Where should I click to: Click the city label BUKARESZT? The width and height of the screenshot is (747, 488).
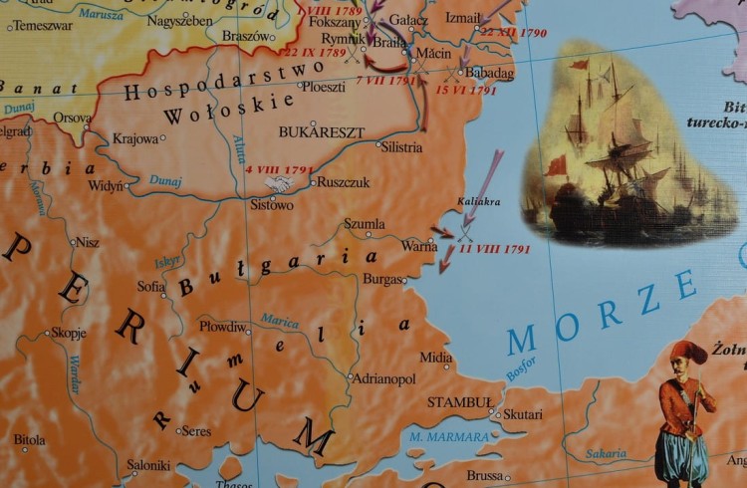(x=322, y=131)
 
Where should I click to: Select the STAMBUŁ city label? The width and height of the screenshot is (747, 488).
(x=459, y=402)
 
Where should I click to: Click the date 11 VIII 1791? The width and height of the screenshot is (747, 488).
(x=494, y=249)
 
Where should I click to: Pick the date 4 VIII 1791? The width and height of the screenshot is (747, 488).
(x=275, y=170)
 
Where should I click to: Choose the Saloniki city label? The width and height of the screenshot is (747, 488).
(x=148, y=465)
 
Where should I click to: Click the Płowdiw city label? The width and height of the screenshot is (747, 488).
(x=221, y=327)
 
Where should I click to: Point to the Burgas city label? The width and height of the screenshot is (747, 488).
(x=383, y=280)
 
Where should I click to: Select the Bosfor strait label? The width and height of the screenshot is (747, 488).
(x=520, y=368)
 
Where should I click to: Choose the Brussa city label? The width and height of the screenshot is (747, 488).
(x=485, y=476)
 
